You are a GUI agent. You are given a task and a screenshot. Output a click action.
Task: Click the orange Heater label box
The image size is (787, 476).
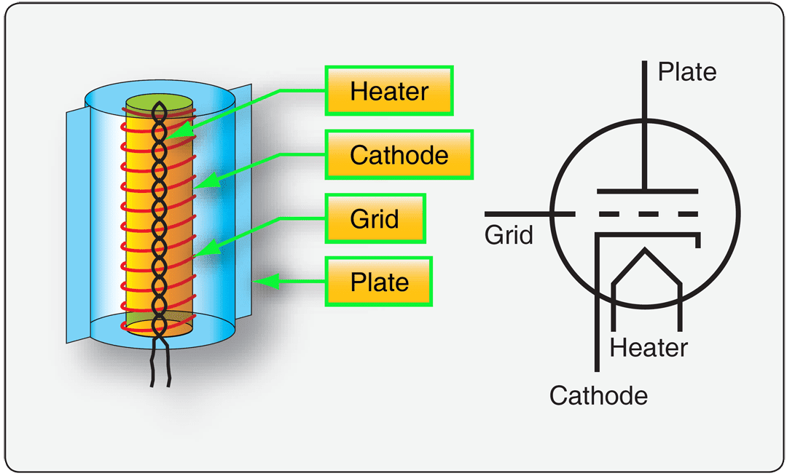click(x=389, y=91)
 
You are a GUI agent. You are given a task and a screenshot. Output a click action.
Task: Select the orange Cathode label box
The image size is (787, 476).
click(x=399, y=155)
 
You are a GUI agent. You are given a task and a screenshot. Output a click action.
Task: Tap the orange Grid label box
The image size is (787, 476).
click(x=375, y=218)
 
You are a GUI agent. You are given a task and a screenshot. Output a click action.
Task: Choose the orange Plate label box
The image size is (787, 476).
click(x=378, y=282)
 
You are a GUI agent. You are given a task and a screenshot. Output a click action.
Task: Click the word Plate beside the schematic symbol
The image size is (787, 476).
click(x=686, y=71)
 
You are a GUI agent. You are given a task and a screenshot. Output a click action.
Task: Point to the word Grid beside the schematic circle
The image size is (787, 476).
click(x=509, y=235)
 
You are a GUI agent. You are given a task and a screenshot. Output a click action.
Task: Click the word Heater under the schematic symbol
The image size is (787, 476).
click(x=649, y=347)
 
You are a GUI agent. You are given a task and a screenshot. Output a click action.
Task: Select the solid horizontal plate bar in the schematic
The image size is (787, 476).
click(x=646, y=191)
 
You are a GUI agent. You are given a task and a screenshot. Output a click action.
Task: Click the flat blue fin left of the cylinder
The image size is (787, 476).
click(x=77, y=226)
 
